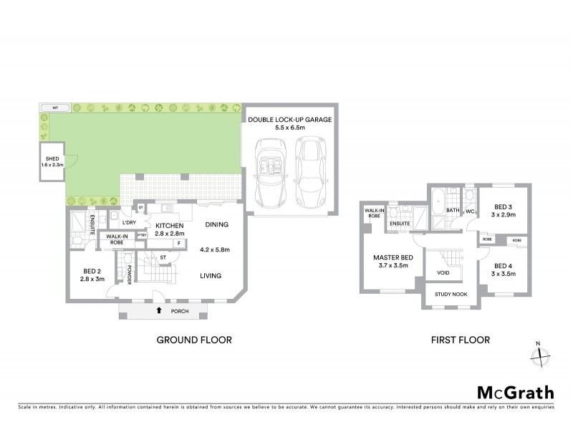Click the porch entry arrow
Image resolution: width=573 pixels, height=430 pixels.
tap(158, 311)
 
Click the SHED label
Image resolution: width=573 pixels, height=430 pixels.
tap(52, 161)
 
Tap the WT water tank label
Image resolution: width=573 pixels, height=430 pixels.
tap(55, 107)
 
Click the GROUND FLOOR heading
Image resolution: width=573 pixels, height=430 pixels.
tap(195, 340)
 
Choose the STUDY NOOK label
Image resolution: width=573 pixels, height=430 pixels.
tap(448, 293)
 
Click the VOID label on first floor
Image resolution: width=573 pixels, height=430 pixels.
tap(443, 272)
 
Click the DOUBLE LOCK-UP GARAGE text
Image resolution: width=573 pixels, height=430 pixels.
tap(289, 120)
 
